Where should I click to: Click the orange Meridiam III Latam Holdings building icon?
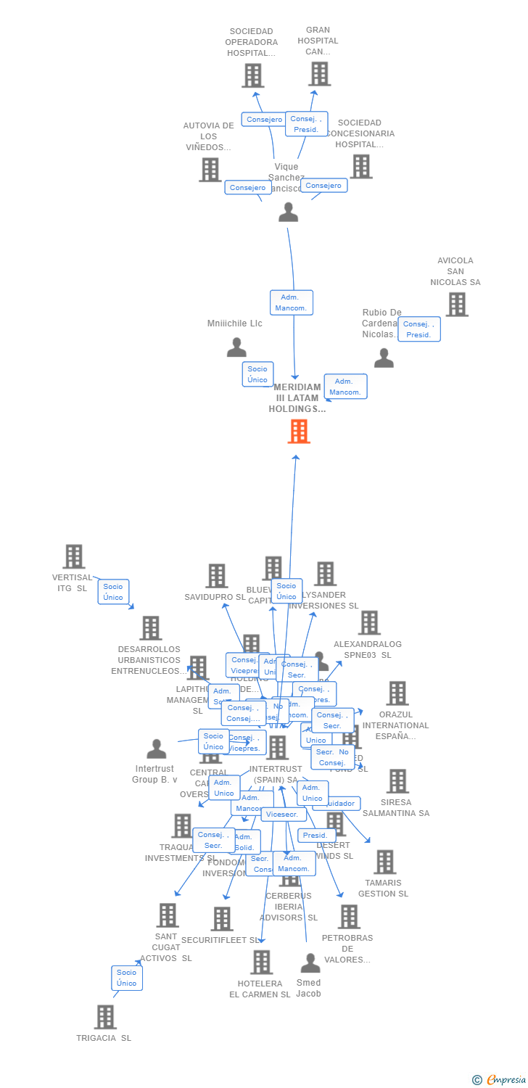pyautogui.click(x=299, y=432)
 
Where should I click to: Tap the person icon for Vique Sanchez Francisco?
pyautogui.click(x=289, y=212)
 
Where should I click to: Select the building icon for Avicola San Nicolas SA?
pyautogui.click(x=456, y=305)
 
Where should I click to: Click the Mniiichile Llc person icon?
pyautogui.click(x=236, y=347)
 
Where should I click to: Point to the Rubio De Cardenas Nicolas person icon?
pyautogui.click(x=384, y=358)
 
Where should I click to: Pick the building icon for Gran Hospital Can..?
pyautogui.click(x=319, y=74)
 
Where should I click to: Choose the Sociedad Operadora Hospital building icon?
pyautogui.click(x=252, y=75)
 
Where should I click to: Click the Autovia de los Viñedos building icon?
pyautogui.click(x=210, y=170)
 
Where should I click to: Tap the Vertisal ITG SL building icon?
pyautogui.click(x=74, y=557)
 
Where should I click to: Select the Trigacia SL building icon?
pyautogui.click(x=105, y=1017)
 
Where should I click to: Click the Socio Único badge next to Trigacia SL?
pyautogui.click(x=127, y=978)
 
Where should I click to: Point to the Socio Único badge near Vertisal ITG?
pyautogui.click(x=113, y=592)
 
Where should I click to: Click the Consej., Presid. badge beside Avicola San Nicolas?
pyautogui.click(x=419, y=329)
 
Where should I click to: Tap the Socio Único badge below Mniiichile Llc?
pyautogui.click(x=257, y=374)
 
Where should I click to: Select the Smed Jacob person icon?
pyautogui.click(x=310, y=963)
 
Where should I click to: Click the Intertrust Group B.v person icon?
pyautogui.click(x=156, y=749)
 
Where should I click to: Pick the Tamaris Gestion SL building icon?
pyautogui.click(x=384, y=862)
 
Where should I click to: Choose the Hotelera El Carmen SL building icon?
pyautogui.click(x=261, y=962)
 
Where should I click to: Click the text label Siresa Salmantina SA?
pyautogui.click(x=396, y=807)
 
